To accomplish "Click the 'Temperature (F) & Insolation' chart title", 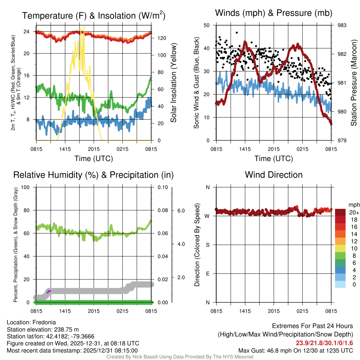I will point(94,15).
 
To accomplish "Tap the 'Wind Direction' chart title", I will point(274,175).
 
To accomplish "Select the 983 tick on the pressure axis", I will point(342,25).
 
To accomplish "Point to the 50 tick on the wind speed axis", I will point(207,25).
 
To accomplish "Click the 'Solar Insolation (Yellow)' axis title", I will point(173,83).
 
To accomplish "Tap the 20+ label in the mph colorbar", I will point(353,212).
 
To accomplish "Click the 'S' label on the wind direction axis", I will point(207,245).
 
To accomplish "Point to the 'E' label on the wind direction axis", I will point(207,274).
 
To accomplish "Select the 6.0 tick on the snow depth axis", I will point(180,211).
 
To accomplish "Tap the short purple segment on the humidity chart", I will point(49,291).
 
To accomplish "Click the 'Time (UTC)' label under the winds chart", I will point(274,159).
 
